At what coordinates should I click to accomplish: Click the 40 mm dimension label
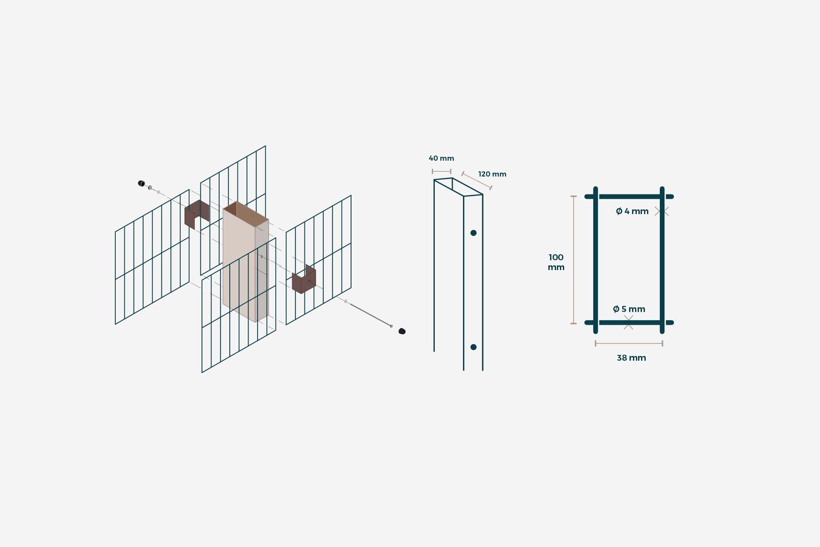[x=441, y=158]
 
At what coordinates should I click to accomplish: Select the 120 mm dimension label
[x=492, y=174]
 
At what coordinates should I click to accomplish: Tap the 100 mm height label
[x=556, y=262]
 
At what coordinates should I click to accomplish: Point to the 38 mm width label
[x=631, y=358]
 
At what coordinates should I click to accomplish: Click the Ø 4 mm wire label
[x=632, y=211]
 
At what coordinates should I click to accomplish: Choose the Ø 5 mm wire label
[x=629, y=309]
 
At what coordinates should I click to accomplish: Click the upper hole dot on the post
[x=473, y=233]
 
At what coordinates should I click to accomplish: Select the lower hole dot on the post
[x=473, y=347]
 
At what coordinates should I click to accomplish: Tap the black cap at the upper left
[x=141, y=183]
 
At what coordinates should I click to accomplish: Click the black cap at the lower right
[x=402, y=331]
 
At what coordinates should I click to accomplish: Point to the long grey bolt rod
[x=370, y=315]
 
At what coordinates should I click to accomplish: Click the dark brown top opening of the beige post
[x=246, y=214]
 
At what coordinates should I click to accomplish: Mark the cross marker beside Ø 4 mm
[x=662, y=211]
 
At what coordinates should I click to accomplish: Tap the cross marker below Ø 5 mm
[x=628, y=322]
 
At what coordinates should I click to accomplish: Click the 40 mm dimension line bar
[x=442, y=171]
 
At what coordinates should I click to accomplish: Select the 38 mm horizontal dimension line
[x=629, y=343]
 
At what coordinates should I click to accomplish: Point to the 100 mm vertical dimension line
[x=574, y=260]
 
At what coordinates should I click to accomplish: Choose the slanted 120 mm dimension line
[x=477, y=180]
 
